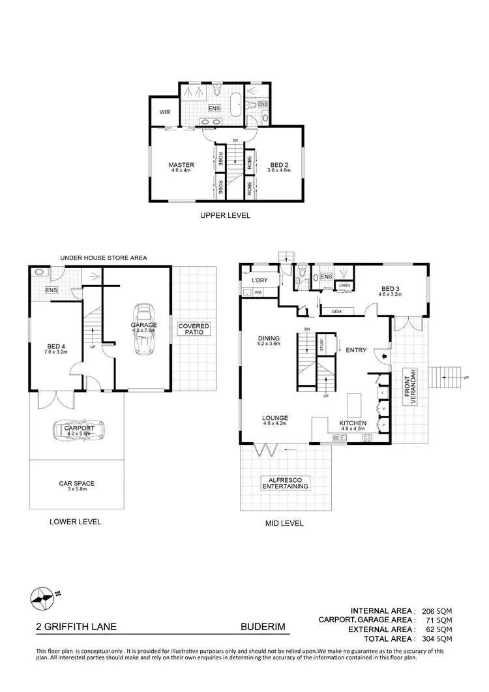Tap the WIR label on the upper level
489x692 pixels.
[x=165, y=112]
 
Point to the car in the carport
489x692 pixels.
[x=75, y=430]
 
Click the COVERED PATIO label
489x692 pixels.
[x=194, y=329]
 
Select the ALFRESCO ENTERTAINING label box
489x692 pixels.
[x=286, y=483]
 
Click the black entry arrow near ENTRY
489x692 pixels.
[x=383, y=357]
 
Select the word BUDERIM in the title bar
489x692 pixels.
[x=263, y=627]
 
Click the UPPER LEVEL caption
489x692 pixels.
[x=225, y=215]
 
